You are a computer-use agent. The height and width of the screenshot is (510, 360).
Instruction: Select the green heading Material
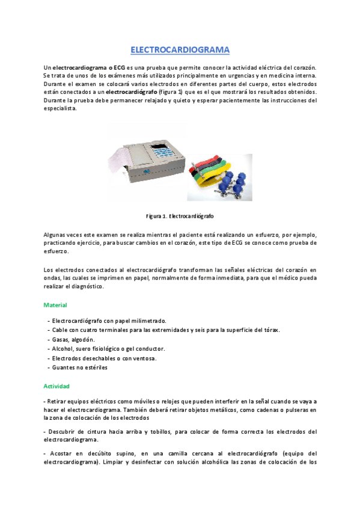[55, 306]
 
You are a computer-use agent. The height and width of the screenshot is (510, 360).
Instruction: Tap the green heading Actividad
[56, 385]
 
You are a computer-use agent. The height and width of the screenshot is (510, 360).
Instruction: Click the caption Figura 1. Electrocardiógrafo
[180, 215]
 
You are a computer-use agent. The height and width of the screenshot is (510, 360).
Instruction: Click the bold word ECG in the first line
[118, 68]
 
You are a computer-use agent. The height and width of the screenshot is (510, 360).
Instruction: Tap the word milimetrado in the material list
[147, 321]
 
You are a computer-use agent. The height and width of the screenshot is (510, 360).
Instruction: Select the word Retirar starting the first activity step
[58, 401]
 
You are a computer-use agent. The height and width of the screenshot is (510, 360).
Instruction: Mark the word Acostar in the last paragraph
[61, 453]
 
